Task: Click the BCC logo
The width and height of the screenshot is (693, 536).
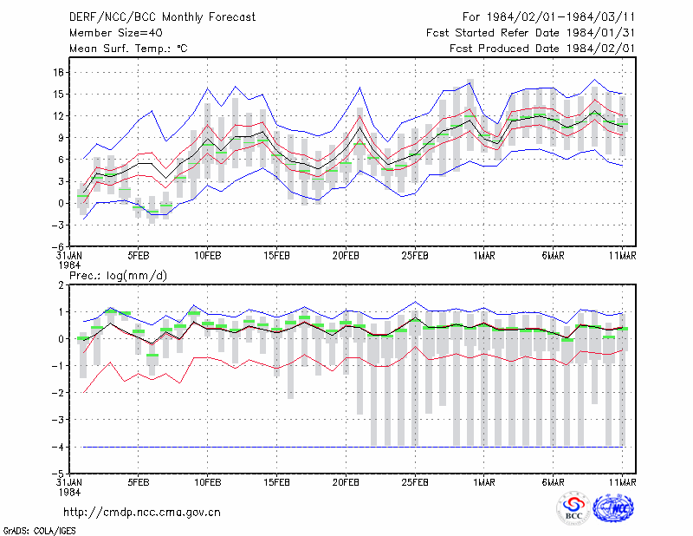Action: (x=573, y=509)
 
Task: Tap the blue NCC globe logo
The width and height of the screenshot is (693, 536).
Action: (x=613, y=508)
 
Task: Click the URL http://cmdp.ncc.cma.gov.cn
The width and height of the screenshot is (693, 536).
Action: (x=142, y=513)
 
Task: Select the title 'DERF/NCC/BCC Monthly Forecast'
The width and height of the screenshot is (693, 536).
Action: (x=162, y=17)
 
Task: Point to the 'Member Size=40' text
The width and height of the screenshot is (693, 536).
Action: (x=116, y=33)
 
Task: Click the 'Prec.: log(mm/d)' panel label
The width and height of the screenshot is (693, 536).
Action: (x=118, y=276)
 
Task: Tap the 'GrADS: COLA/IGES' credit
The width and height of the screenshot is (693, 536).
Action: (x=39, y=531)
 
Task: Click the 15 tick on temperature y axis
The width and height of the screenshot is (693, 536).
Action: (x=59, y=95)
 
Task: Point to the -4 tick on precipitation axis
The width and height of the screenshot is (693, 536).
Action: (x=58, y=447)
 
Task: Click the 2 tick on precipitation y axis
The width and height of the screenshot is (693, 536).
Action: (x=61, y=285)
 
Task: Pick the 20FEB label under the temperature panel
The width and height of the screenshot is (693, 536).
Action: (x=346, y=256)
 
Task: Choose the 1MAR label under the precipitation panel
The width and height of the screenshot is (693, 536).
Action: (x=484, y=482)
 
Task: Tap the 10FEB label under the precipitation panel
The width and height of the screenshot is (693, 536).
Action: (x=207, y=482)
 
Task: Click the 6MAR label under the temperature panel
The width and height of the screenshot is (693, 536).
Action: (x=553, y=256)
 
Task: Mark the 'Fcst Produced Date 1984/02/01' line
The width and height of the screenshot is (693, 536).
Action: (x=542, y=49)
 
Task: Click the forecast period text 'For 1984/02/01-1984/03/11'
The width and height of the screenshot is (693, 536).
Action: (x=548, y=17)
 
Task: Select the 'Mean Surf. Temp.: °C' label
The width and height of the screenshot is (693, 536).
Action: (x=128, y=49)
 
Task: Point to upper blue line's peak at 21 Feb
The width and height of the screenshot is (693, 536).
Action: (x=359, y=88)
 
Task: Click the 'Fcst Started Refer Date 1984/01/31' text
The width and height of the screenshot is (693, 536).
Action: (x=530, y=33)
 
